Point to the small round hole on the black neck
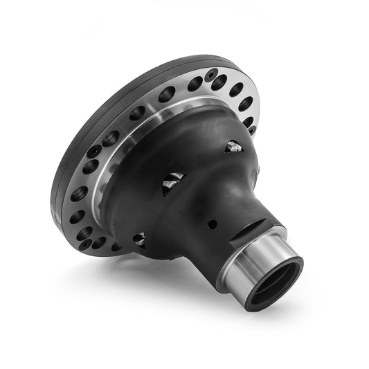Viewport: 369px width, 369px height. pos(212,224)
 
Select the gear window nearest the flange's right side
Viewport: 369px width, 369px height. pos(233,146)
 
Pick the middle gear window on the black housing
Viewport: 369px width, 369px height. pos(173,183)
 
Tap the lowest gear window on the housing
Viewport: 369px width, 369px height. pos(139,239)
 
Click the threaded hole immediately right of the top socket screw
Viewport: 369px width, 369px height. pos(220,82)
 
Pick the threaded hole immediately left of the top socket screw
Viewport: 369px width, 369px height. pos(195,84)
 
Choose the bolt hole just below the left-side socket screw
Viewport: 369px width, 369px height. pos(90,166)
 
